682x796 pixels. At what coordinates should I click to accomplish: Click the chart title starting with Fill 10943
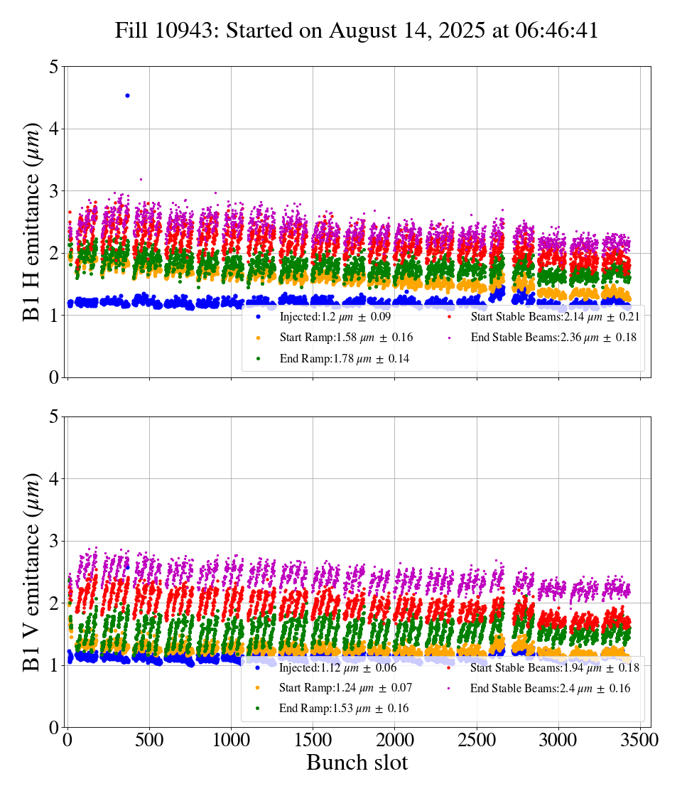357,31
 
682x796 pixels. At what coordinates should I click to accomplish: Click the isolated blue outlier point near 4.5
127,95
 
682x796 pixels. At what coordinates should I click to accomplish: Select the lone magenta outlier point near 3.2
141,179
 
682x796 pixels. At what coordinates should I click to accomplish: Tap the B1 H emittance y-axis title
32,221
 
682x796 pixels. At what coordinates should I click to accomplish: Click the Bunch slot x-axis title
357,763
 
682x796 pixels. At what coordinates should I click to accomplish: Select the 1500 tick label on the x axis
313,739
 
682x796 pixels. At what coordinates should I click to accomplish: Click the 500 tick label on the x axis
149,739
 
